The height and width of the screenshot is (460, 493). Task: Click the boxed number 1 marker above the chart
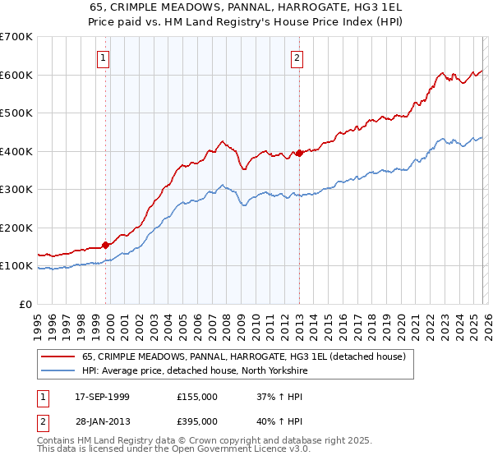(104, 57)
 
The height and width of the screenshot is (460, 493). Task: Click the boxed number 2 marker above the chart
(296, 57)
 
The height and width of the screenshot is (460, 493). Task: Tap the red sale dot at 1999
(106, 245)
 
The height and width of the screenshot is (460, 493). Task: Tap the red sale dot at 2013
(299, 153)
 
